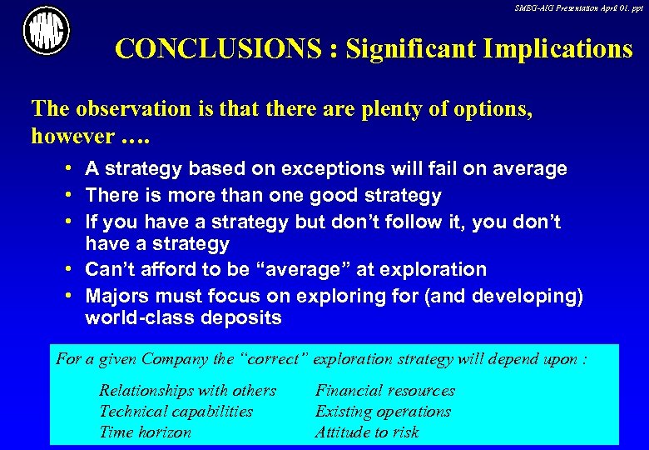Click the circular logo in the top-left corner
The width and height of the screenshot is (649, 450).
47,32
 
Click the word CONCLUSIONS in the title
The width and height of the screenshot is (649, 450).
218,49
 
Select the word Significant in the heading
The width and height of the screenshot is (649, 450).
404,49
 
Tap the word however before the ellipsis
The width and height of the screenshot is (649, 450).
71,136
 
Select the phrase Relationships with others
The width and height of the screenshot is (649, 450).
187,391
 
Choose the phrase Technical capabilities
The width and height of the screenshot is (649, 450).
176,412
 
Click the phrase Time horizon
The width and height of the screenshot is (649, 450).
145,432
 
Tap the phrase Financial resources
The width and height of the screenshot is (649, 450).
384,391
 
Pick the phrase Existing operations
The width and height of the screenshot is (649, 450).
383,412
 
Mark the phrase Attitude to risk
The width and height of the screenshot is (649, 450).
366,432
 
